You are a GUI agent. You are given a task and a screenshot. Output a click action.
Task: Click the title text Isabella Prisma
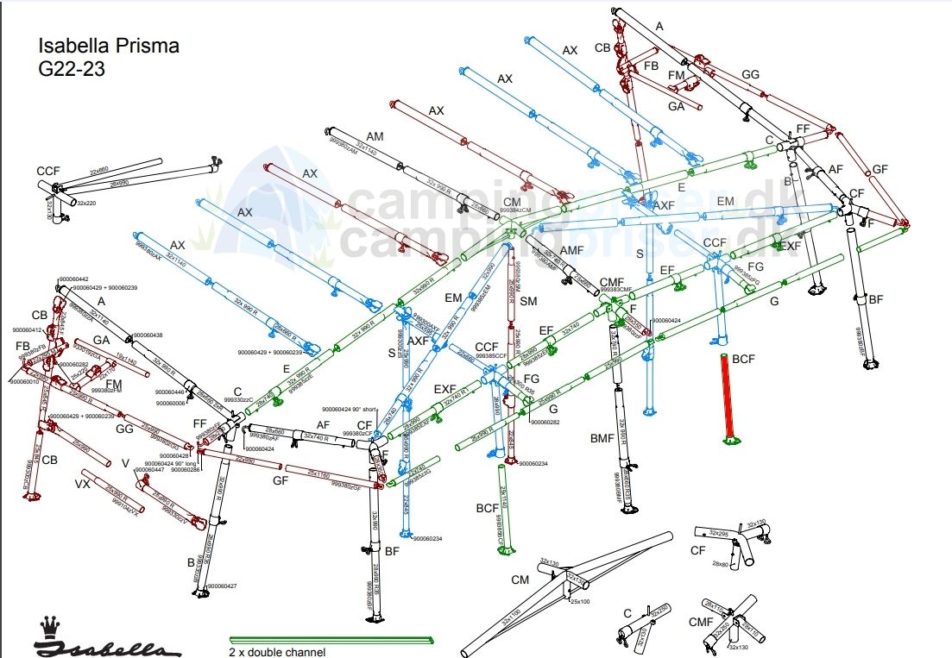(109, 46)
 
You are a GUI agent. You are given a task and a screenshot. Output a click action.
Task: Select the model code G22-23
(72, 70)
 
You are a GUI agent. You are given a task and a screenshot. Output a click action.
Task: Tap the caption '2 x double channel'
(277, 652)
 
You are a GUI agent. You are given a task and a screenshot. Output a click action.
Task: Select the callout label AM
(375, 137)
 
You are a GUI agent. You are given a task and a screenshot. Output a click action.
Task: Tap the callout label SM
(528, 301)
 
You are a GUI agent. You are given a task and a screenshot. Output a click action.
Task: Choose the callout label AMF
(572, 249)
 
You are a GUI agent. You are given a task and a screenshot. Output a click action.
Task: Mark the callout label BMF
(602, 439)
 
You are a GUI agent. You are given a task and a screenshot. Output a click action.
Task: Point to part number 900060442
(73, 279)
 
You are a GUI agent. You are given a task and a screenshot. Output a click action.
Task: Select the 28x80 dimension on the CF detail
(722, 564)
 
